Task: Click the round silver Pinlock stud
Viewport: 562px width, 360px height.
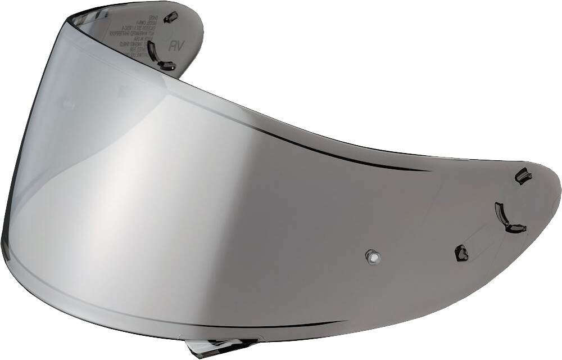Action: coord(372,256)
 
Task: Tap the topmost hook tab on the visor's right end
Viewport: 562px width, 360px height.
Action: coord(523,176)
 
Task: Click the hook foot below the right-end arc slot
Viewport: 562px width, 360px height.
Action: coord(516,228)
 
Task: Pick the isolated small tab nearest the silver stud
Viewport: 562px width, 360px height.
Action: coord(461,253)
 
